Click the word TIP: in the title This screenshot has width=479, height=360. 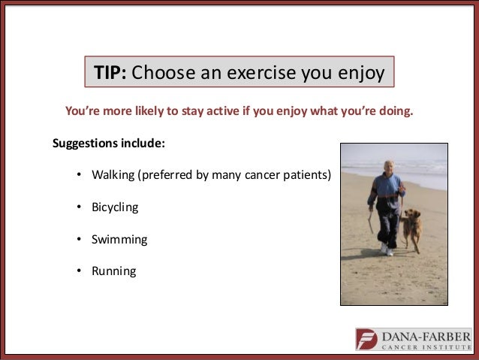point(110,72)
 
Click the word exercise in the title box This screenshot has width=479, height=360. point(261,72)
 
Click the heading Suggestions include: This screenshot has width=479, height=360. point(109,144)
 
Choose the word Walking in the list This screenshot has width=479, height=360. point(113,175)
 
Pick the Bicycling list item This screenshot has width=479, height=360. point(115,207)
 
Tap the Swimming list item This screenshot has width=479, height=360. point(119,240)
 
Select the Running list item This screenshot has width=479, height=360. point(114,271)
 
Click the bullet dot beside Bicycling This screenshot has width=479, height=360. point(79,207)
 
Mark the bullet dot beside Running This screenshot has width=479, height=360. point(79,271)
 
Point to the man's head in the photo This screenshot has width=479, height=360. point(389,168)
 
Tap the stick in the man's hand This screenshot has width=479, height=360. point(371,222)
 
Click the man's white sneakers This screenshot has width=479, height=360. point(387,250)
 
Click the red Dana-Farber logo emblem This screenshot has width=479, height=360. point(366,339)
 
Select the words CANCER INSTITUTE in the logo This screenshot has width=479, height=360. point(426,347)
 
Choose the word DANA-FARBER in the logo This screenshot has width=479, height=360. point(426,337)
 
